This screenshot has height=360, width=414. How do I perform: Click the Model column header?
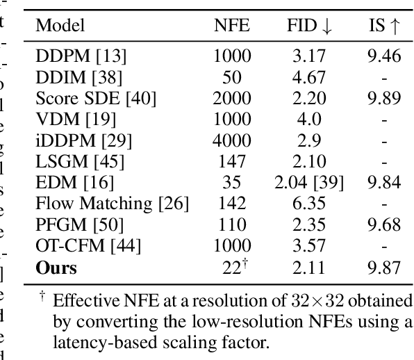click(x=60, y=26)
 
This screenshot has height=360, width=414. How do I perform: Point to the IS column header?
click(x=384, y=26)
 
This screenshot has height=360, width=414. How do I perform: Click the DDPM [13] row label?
click(x=72, y=56)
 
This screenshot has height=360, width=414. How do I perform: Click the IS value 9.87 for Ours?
click(x=384, y=268)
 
